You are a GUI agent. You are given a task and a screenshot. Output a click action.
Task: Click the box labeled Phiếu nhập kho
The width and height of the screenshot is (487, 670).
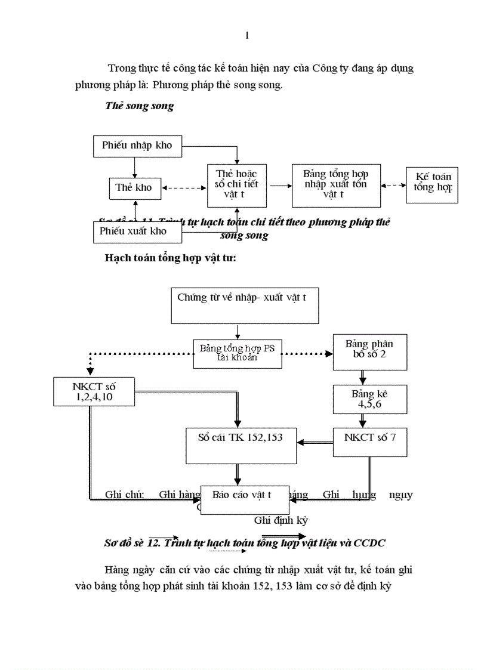pyautogui.click(x=137, y=146)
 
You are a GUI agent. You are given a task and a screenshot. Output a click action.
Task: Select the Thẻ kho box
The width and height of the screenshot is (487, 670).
pyautogui.click(x=134, y=187)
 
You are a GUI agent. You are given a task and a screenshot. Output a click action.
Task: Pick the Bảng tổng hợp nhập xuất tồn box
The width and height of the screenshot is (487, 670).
pyautogui.click(x=335, y=184)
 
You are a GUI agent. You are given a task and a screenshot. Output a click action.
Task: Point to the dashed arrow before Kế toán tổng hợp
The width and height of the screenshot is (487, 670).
pyautogui.click(x=392, y=186)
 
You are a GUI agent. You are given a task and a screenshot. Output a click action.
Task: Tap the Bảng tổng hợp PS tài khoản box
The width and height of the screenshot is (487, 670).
pyautogui.click(x=237, y=353)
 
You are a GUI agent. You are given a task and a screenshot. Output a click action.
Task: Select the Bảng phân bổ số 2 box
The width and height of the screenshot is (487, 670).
pyautogui.click(x=369, y=350)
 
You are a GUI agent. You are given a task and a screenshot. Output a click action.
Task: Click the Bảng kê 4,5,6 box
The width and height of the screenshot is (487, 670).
pyautogui.click(x=370, y=399)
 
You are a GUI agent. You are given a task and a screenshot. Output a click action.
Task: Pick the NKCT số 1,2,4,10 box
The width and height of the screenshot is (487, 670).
pyautogui.click(x=91, y=391)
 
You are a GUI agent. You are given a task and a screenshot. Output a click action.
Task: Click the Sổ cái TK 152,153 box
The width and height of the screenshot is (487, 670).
pyautogui.click(x=241, y=444)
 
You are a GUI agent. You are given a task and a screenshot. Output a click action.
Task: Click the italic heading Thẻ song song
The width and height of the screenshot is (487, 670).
pyautogui.click(x=139, y=106)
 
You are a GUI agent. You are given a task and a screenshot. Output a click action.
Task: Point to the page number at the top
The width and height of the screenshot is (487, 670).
pyautogui.click(x=246, y=36)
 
